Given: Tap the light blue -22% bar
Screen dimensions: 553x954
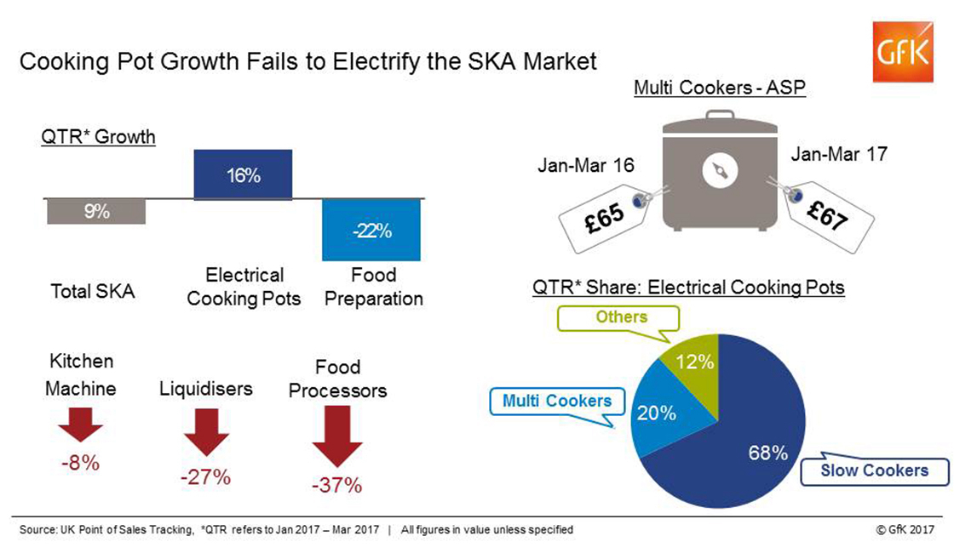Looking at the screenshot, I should point(371,230).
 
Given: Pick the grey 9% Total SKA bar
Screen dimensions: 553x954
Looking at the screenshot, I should point(95,211).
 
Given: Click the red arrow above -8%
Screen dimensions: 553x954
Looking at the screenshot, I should point(83,424).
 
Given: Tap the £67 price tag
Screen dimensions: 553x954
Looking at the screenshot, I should point(825,217).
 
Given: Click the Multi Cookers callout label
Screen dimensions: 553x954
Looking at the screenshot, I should point(556,401).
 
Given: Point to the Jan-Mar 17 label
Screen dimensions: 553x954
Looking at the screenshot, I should point(839,155).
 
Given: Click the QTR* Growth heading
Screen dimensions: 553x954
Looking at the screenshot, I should point(99,136).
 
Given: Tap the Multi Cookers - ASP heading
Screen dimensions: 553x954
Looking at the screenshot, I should point(719,88).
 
